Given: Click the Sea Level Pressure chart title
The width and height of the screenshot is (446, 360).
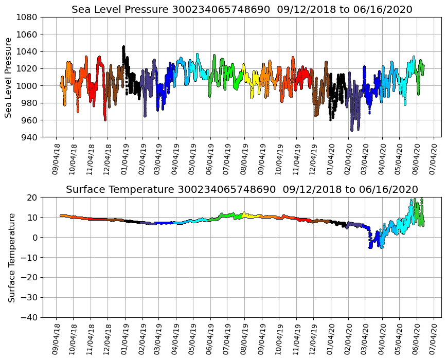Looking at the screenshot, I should click(x=242, y=10).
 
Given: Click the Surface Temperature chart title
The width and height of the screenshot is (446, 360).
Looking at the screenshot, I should click(x=242, y=190).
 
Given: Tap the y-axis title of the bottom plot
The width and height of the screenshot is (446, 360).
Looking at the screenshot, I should click(x=11, y=257).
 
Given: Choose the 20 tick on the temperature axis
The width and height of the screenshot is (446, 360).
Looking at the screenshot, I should click(x=33, y=197).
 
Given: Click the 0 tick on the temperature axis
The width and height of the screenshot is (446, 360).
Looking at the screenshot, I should click(x=35, y=238).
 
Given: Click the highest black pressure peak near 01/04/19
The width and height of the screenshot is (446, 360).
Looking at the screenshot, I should click(x=123, y=47).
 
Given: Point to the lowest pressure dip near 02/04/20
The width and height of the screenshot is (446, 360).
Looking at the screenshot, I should click(x=352, y=130).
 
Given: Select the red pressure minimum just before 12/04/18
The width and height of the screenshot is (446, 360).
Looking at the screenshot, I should click(x=105, y=119).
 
